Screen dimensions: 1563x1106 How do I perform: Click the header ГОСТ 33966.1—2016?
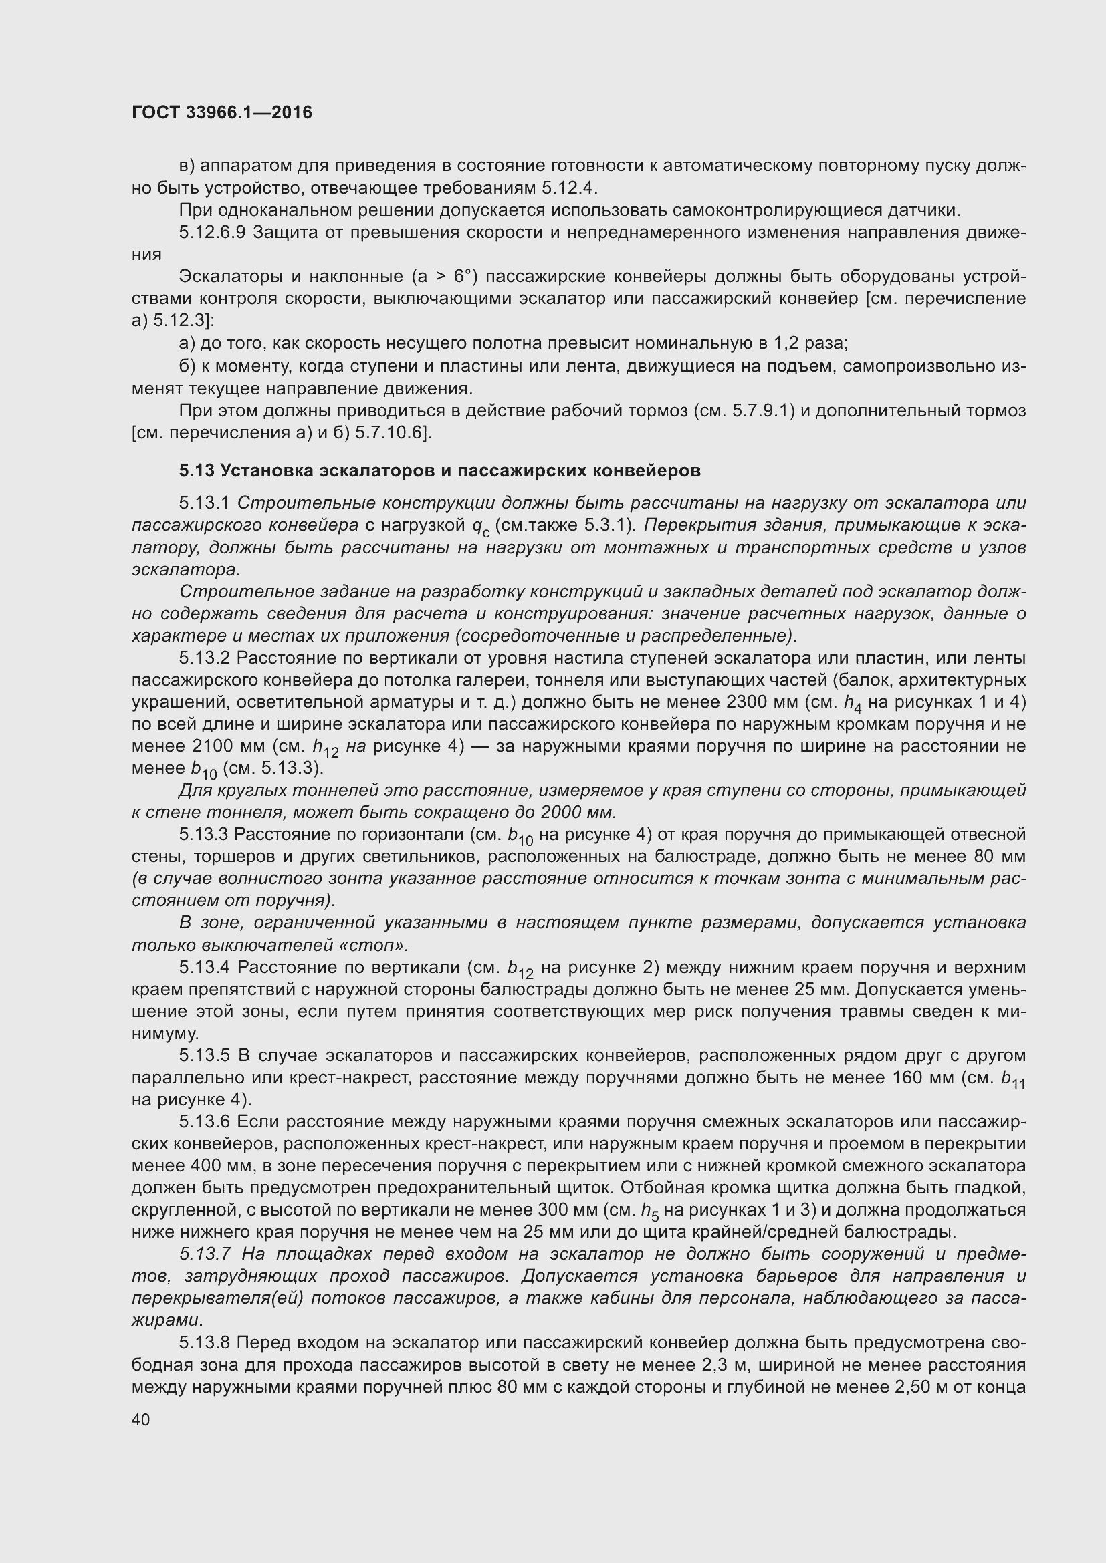tap(222, 113)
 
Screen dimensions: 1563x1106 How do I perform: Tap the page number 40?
tap(141, 1419)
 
